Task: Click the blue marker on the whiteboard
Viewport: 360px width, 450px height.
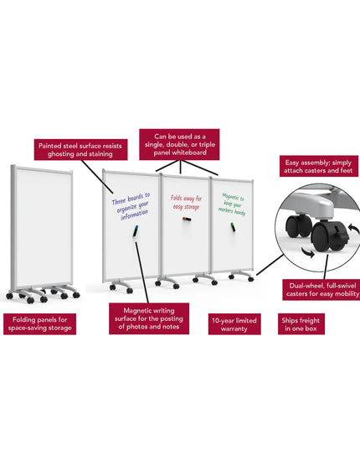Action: pyautogui.click(x=136, y=231)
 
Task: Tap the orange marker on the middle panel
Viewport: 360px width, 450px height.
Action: pyautogui.click(x=187, y=220)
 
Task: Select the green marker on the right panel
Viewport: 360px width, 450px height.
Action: pyautogui.click(x=233, y=227)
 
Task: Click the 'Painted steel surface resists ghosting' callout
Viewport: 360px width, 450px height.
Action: pyautogui.click(x=80, y=149)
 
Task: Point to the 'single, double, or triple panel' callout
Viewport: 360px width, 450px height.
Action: pyautogui.click(x=179, y=144)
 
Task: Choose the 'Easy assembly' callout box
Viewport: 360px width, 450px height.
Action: pyautogui.click(x=319, y=166)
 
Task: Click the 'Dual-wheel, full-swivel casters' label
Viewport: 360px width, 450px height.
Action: pyautogui.click(x=321, y=290)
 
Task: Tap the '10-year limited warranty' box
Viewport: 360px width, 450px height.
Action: pyautogui.click(x=234, y=324)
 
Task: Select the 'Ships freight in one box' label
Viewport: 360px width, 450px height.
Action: pyautogui.click(x=301, y=324)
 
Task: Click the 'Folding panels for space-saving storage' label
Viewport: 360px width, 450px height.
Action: pyautogui.click(x=40, y=324)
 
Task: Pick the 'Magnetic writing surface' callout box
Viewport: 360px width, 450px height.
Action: pyautogui.click(x=149, y=318)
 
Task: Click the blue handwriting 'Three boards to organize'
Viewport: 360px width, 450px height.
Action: pyautogui.click(x=131, y=206)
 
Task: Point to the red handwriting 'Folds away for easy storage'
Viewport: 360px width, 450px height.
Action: pyautogui.click(x=187, y=202)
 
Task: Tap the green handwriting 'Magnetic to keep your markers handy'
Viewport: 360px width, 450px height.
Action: pyautogui.click(x=233, y=204)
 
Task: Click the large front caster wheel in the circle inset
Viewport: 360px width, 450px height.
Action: pyautogui.click(x=322, y=237)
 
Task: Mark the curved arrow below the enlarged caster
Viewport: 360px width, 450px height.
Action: pyautogui.click(x=308, y=253)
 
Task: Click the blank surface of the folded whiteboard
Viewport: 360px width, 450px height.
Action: pyautogui.click(x=43, y=227)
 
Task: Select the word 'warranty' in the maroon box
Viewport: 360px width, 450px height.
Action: pyautogui.click(x=234, y=328)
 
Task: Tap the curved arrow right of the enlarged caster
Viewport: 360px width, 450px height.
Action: pyautogui.click(x=353, y=230)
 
